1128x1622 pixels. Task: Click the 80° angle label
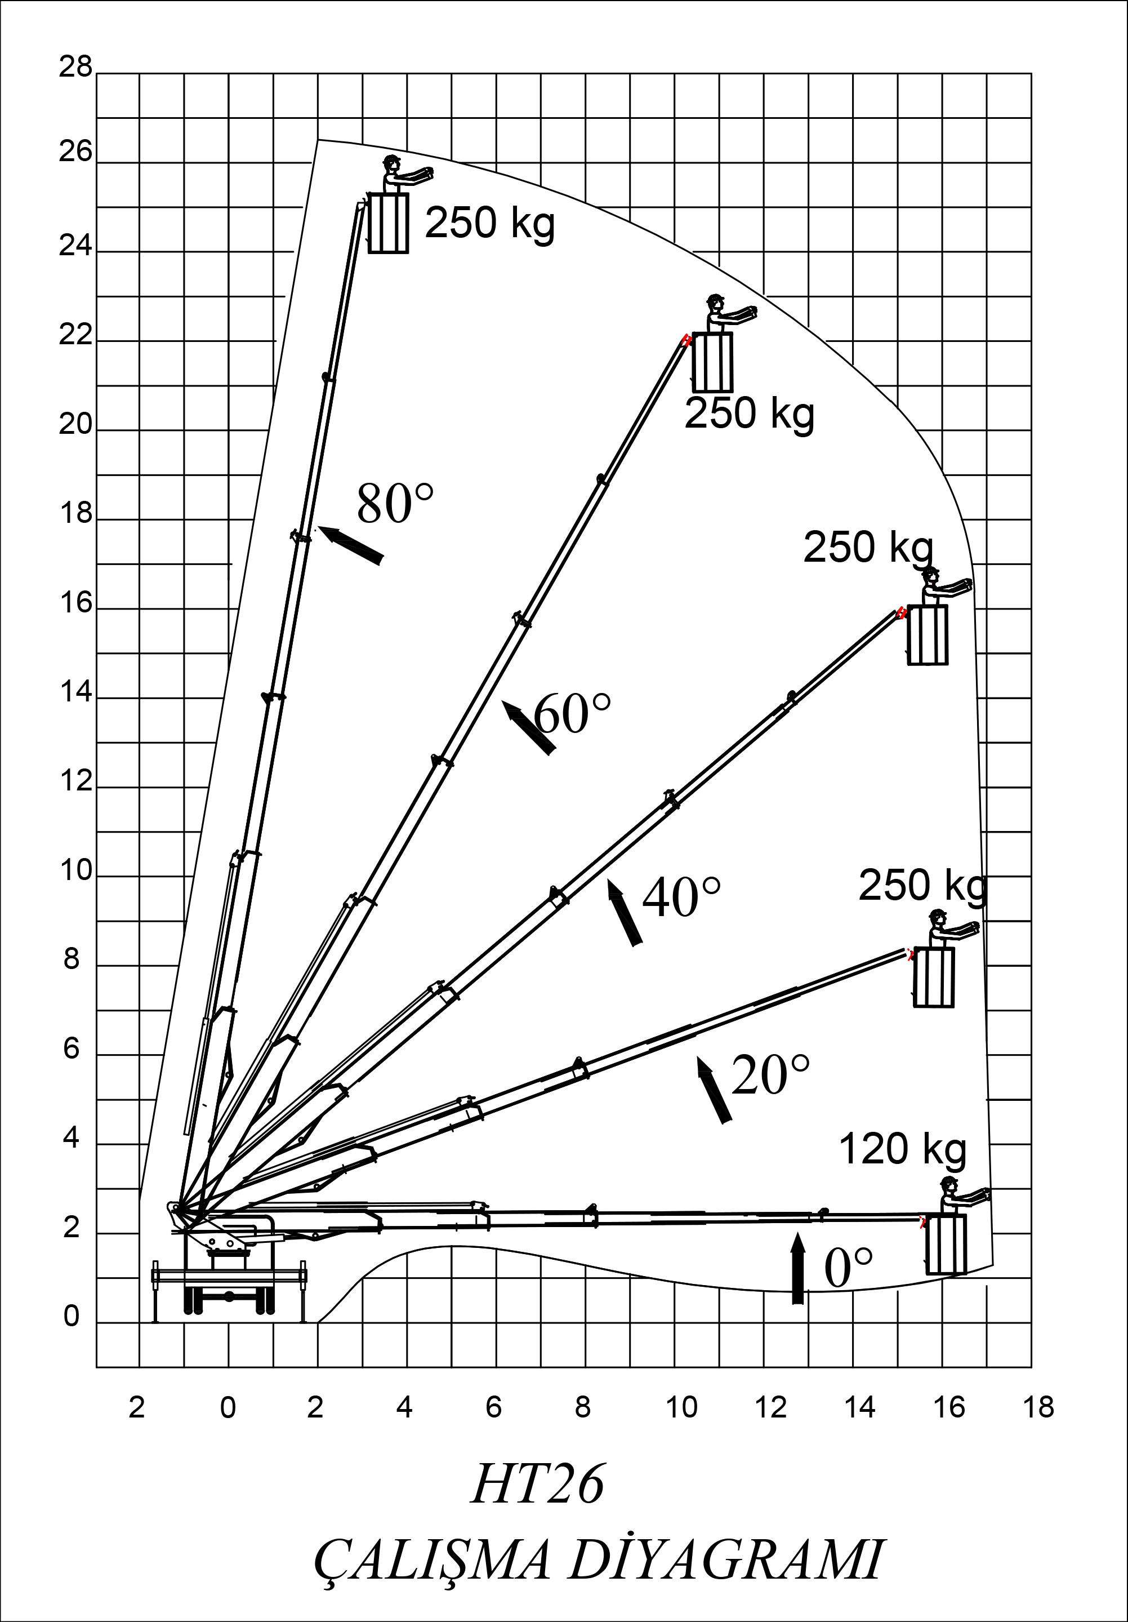tap(395, 504)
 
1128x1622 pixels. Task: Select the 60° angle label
tap(572, 713)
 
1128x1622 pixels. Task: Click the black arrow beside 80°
tap(350, 545)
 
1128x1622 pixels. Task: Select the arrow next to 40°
tap(625, 912)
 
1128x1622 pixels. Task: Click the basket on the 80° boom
tap(389, 223)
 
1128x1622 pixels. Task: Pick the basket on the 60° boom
tap(712, 362)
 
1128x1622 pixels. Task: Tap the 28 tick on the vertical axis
tap(75, 67)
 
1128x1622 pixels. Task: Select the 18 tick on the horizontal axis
tap(1038, 1407)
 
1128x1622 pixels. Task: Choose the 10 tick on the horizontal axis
tap(681, 1407)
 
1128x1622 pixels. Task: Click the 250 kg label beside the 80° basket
tap(490, 223)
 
